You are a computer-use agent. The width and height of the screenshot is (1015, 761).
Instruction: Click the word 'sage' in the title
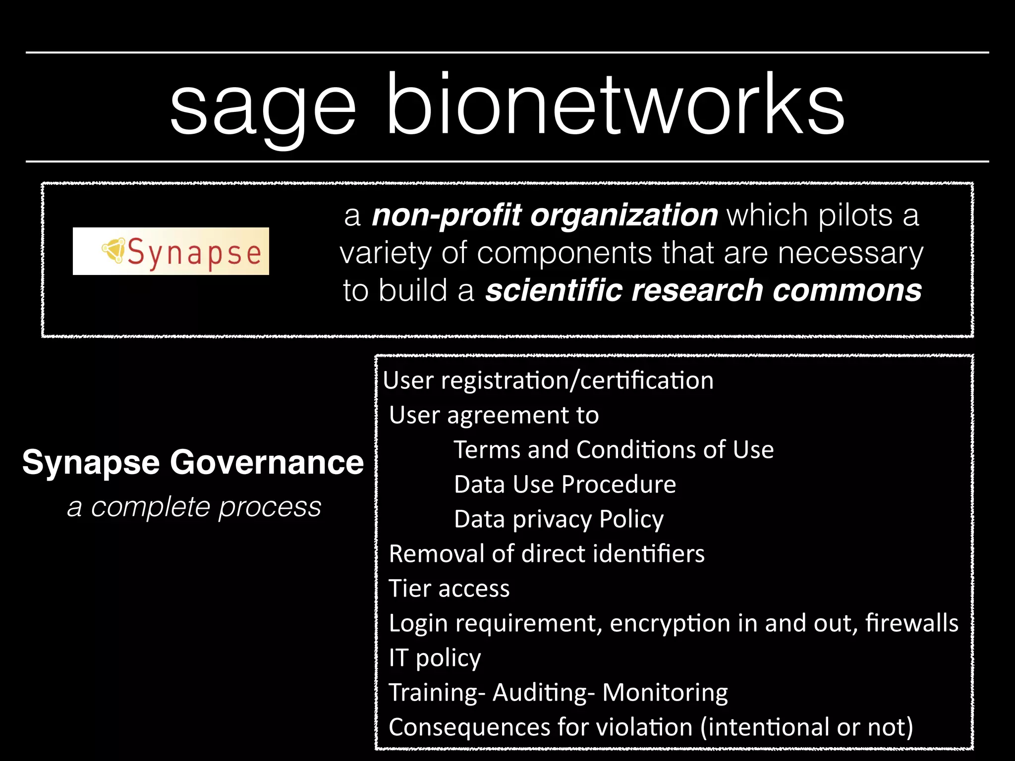click(x=263, y=107)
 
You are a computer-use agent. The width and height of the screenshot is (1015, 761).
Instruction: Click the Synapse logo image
click(x=171, y=251)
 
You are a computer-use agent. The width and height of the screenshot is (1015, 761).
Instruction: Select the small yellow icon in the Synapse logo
click(x=113, y=250)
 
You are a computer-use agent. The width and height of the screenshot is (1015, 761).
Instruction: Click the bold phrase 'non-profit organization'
click(x=544, y=215)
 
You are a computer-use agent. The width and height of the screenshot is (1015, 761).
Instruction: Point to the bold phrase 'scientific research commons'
click(x=703, y=290)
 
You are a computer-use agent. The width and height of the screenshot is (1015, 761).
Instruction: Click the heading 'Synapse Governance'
click(x=193, y=462)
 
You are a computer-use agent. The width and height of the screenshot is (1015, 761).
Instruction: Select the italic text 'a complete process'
click(x=194, y=507)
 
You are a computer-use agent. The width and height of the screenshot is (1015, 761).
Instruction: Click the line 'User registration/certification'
click(x=548, y=380)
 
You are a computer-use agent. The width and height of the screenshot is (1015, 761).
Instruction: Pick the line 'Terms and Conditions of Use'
click(x=614, y=450)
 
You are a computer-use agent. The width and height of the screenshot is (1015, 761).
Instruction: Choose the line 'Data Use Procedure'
click(x=564, y=485)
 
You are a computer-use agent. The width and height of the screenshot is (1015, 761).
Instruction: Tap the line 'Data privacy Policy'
click(x=559, y=519)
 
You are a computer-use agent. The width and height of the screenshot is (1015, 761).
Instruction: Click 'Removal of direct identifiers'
click(x=546, y=554)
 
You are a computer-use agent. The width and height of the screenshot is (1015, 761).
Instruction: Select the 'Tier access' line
click(x=449, y=589)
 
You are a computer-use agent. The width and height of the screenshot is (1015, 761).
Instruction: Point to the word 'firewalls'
click(x=911, y=623)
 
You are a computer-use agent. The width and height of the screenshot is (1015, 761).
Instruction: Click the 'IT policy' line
click(x=435, y=658)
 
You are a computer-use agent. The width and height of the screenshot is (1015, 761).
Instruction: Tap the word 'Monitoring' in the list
click(x=665, y=693)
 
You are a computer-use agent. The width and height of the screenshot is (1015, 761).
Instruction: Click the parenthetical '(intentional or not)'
click(x=806, y=727)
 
